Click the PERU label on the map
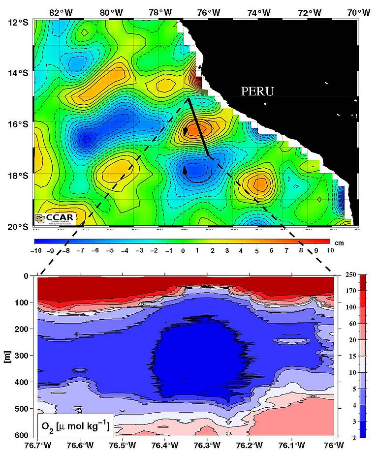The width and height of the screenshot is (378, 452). (257, 91)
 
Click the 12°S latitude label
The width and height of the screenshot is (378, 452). (17, 23)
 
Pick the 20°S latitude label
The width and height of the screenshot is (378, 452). (17, 227)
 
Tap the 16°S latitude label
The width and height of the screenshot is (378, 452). (17, 125)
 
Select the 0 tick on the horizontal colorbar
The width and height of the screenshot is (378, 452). (182, 251)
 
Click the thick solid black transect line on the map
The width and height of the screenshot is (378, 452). (199, 128)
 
